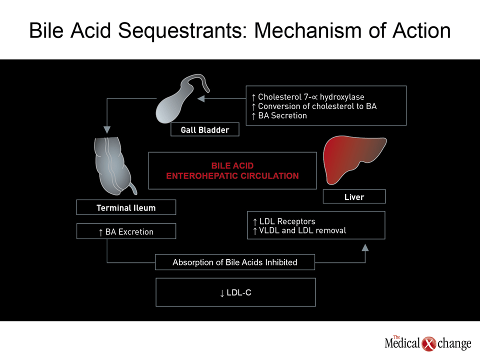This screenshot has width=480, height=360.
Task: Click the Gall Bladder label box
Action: [x=205, y=129]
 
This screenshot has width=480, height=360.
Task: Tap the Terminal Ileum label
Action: [x=126, y=207]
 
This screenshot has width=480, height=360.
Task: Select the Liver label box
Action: [x=354, y=196]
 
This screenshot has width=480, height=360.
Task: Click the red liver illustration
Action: [x=352, y=159]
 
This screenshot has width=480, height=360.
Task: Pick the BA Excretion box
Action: [x=126, y=231]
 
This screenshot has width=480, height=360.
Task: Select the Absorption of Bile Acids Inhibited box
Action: [x=235, y=262]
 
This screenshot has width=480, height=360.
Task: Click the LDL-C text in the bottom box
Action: [x=235, y=292]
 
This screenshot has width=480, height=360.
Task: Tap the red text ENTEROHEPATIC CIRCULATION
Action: [x=232, y=175]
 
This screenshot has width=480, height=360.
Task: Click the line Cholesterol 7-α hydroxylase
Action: [x=308, y=97]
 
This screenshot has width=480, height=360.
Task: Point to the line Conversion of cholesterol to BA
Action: [x=314, y=106]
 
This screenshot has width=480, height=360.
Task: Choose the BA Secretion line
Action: [x=279, y=115]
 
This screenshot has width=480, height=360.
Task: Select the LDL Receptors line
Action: [x=284, y=221]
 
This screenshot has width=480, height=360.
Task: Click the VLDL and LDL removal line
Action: [x=299, y=230]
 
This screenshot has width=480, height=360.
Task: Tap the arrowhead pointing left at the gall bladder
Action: [x=201, y=98]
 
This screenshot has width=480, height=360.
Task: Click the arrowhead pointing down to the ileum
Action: [x=107, y=130]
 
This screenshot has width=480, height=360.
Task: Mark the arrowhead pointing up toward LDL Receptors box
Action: [x=365, y=247]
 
